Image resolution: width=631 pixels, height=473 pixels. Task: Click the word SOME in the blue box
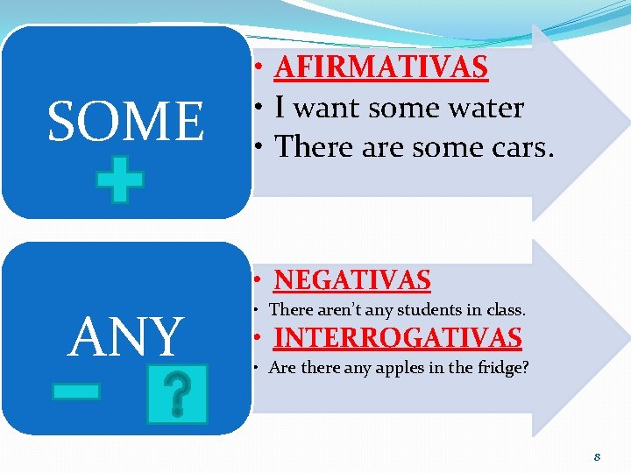point(125,122)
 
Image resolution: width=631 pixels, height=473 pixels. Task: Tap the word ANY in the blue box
point(125,337)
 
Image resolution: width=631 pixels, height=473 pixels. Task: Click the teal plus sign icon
point(120,180)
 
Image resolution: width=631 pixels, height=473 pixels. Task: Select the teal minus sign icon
point(75,391)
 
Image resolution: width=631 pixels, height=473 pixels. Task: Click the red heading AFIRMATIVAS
point(380,66)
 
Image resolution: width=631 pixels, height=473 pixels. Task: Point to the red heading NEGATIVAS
point(352,279)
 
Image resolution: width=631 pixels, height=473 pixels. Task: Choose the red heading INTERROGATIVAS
point(398,337)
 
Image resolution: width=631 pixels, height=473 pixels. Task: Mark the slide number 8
point(596,456)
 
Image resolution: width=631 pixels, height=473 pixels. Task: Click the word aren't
point(337,309)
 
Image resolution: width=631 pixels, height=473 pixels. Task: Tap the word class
point(506,309)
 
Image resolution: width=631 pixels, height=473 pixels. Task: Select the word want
point(328,108)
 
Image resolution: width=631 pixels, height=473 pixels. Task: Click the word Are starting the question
point(282,368)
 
